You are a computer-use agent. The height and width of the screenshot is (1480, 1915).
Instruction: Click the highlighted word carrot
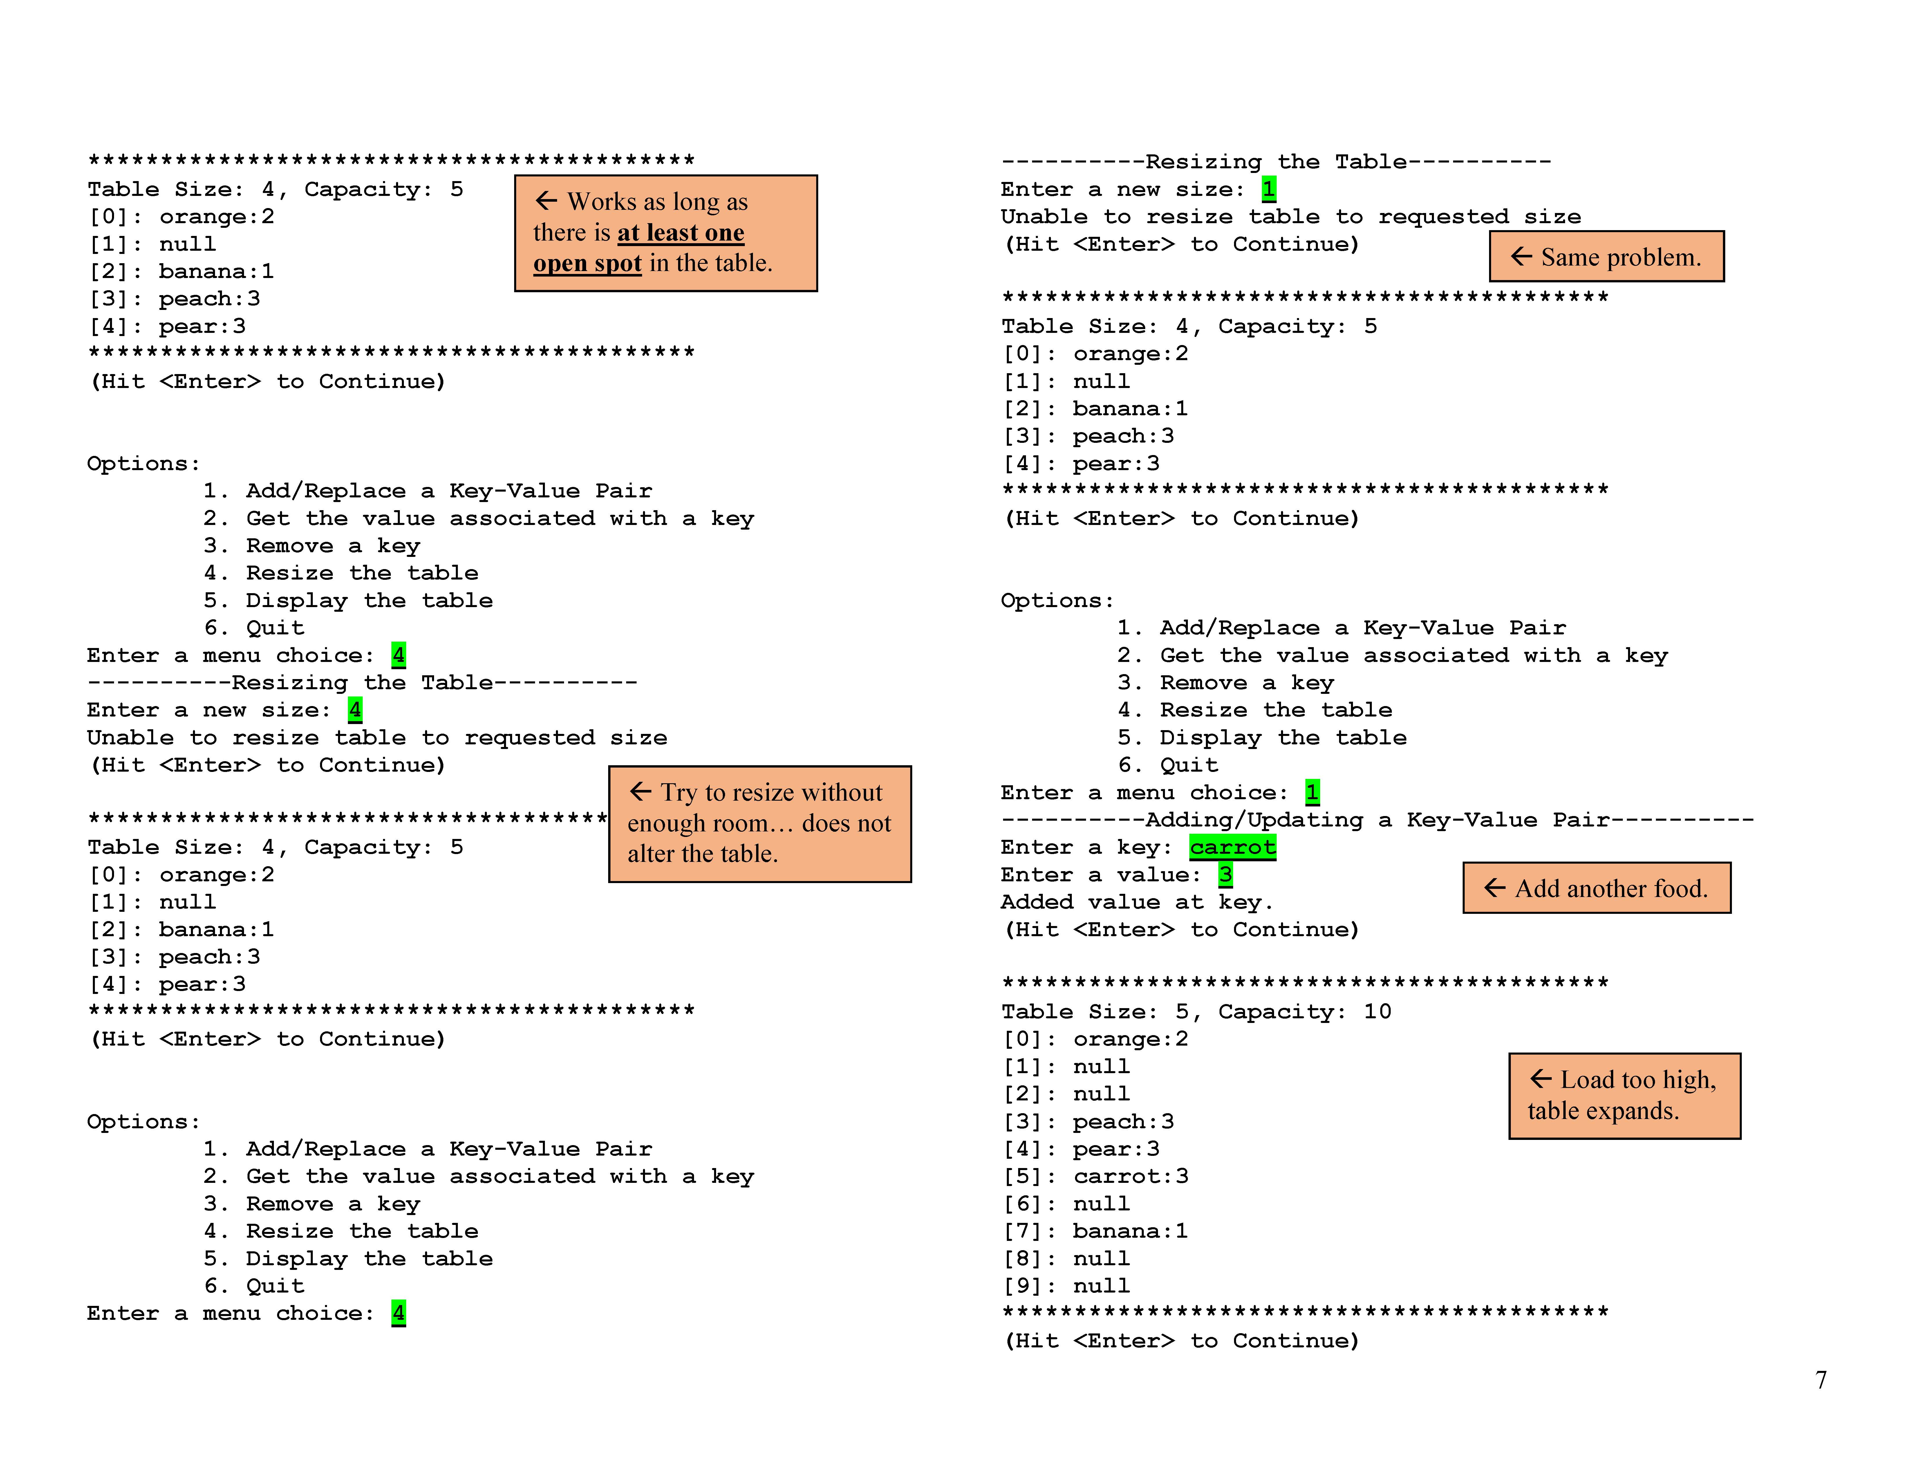1232,847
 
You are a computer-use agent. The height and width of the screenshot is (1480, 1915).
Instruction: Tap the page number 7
1820,1380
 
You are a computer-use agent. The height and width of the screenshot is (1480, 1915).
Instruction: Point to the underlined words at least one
680,232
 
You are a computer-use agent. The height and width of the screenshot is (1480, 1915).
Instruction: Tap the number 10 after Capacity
1377,1012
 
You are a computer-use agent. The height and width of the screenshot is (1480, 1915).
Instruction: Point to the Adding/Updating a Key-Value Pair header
1377,820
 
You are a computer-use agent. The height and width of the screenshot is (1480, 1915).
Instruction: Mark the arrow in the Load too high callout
1541,1078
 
